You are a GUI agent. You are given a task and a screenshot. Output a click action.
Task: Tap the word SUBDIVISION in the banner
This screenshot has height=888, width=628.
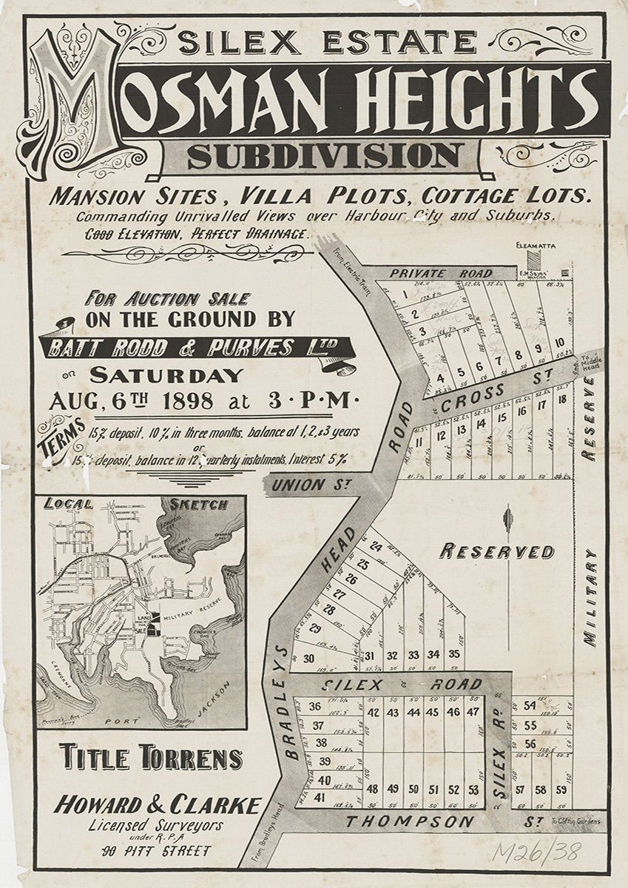[x=325, y=155]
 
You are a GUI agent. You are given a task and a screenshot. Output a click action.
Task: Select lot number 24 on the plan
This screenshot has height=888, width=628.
[x=376, y=548]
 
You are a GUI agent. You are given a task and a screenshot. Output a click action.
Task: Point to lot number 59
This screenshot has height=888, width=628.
[x=561, y=790]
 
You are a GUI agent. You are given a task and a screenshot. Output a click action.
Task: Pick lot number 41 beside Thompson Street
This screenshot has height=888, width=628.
[x=319, y=797]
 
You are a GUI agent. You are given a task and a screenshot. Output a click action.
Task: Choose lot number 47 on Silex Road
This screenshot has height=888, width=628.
[x=473, y=713]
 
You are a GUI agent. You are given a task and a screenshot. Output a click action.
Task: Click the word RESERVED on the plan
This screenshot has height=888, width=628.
[x=496, y=551]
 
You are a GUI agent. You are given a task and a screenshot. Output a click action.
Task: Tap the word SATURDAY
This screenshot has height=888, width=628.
[x=166, y=374]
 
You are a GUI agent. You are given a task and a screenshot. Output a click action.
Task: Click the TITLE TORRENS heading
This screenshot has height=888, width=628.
[x=151, y=758]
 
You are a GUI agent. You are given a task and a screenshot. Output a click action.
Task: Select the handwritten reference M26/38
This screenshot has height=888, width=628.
[x=536, y=852]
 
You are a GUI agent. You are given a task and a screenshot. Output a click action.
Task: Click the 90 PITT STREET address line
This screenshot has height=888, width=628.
[x=158, y=851]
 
